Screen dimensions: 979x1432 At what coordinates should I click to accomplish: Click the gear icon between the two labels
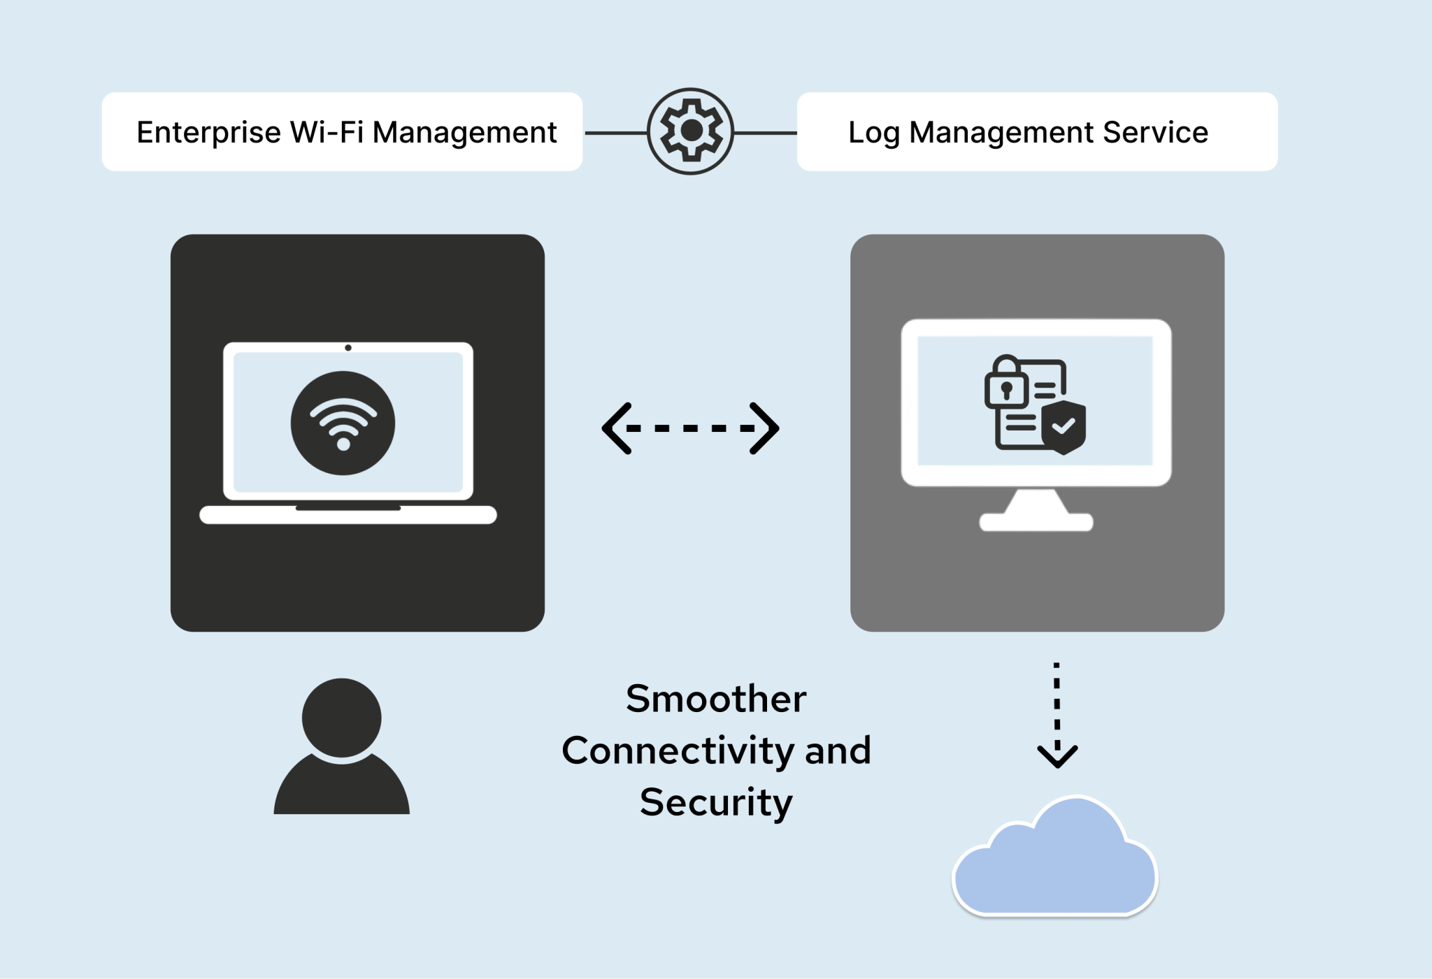690,131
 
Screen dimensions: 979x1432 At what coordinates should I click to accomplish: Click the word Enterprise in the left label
208,132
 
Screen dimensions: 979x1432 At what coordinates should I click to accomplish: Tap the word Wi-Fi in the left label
327,132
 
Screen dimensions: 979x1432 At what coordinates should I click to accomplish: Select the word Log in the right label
873,132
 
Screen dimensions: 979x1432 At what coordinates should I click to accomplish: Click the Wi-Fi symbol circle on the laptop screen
343,423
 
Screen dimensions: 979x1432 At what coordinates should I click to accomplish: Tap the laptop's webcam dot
348,347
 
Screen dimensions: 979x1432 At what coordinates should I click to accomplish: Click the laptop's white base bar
348,516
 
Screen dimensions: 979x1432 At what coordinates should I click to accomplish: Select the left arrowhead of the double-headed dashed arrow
616,428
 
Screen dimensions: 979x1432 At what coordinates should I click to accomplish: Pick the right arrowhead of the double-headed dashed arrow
766,428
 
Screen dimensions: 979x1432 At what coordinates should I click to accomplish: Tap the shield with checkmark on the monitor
1064,426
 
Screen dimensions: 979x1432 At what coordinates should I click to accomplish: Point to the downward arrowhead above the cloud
1057,756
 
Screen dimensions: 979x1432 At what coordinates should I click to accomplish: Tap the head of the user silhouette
341,718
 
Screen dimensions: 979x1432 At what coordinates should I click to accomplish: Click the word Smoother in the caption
716,699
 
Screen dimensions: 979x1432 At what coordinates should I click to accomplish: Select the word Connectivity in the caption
678,750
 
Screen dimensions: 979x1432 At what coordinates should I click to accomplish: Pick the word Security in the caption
716,802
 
